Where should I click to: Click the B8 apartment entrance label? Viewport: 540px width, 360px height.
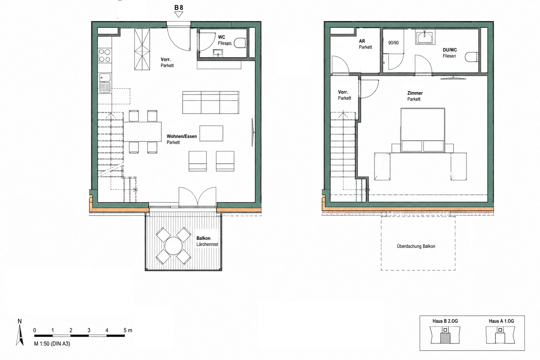[179, 8]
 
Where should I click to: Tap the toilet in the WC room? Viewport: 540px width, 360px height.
[240, 43]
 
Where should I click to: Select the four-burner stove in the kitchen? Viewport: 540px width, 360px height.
[105, 56]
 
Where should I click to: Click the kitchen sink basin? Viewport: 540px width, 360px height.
[105, 78]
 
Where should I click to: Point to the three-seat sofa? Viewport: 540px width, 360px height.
[211, 102]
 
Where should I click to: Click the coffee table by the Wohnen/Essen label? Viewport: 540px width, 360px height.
[211, 133]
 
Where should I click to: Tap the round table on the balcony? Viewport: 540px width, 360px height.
[173, 246]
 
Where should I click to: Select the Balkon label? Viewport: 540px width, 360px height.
[203, 238]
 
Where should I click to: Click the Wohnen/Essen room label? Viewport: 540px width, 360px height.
[182, 136]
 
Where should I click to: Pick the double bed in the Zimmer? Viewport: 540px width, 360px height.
[423, 130]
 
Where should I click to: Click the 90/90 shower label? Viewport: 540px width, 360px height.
[393, 43]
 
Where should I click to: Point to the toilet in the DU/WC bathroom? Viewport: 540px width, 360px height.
[471, 57]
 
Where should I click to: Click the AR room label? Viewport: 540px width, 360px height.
[362, 41]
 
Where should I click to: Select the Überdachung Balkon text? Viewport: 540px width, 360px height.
[416, 246]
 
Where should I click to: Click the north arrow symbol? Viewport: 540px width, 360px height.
[20, 335]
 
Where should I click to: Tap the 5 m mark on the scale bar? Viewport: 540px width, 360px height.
[128, 330]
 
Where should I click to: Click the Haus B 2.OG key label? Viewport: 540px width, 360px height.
[445, 321]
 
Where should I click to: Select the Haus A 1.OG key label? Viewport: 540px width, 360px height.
[501, 321]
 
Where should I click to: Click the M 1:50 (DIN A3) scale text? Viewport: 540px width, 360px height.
[52, 344]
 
